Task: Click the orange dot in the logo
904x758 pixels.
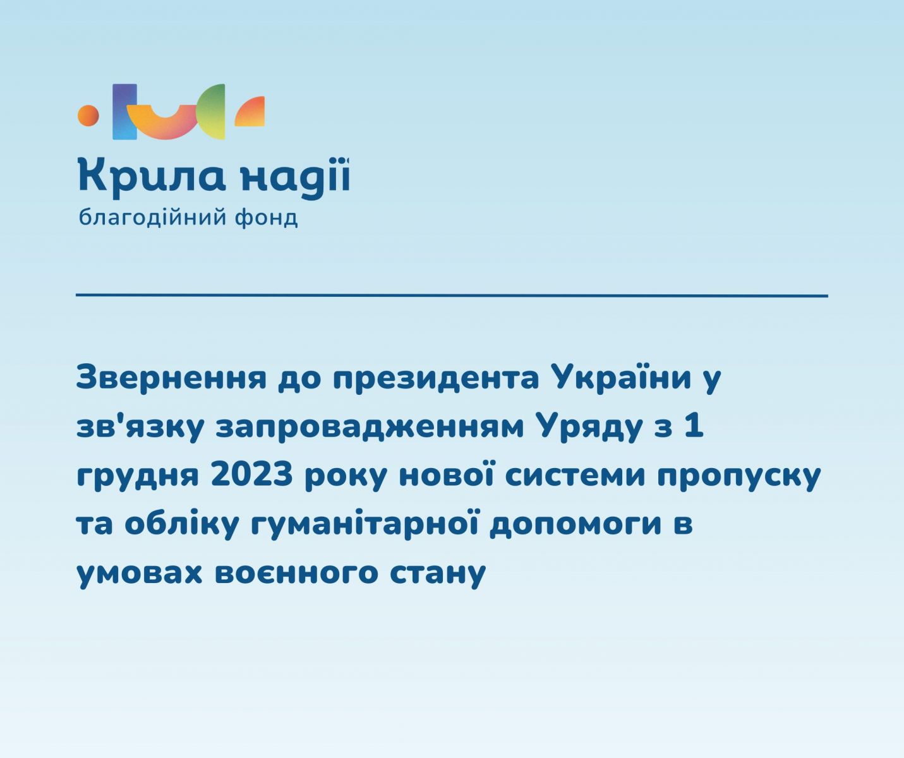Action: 88,116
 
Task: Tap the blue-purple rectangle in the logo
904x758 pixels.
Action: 124,112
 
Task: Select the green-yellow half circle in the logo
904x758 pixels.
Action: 210,112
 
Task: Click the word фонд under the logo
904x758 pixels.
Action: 266,218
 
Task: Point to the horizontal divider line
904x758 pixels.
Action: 452,296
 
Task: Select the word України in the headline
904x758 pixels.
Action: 622,377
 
